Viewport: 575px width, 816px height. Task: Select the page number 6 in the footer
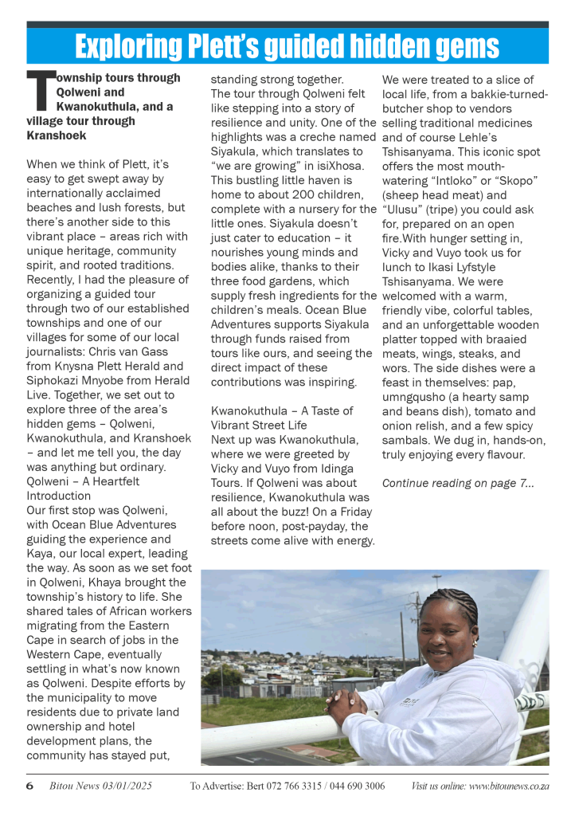click(x=29, y=786)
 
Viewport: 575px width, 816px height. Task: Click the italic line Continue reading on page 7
click(x=458, y=483)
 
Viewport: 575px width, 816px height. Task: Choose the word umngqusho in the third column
click(x=416, y=397)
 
